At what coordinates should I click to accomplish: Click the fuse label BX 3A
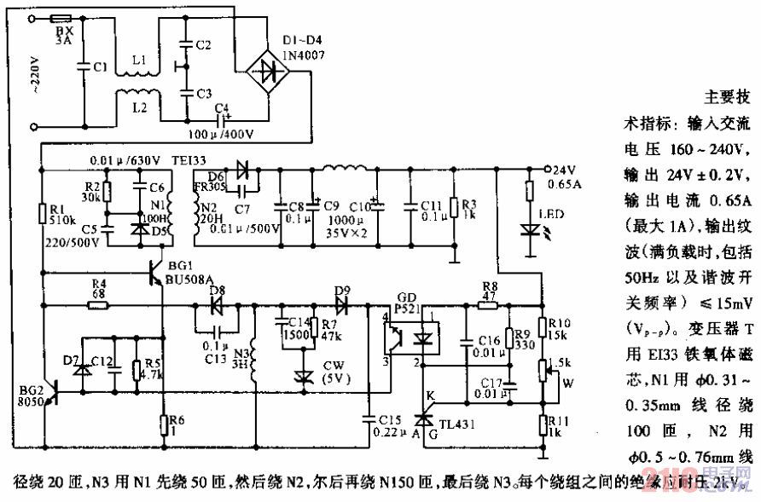[63, 34]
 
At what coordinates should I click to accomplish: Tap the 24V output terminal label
[566, 168]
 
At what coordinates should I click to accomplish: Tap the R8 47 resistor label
[490, 291]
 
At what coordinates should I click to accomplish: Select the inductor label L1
[138, 61]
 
